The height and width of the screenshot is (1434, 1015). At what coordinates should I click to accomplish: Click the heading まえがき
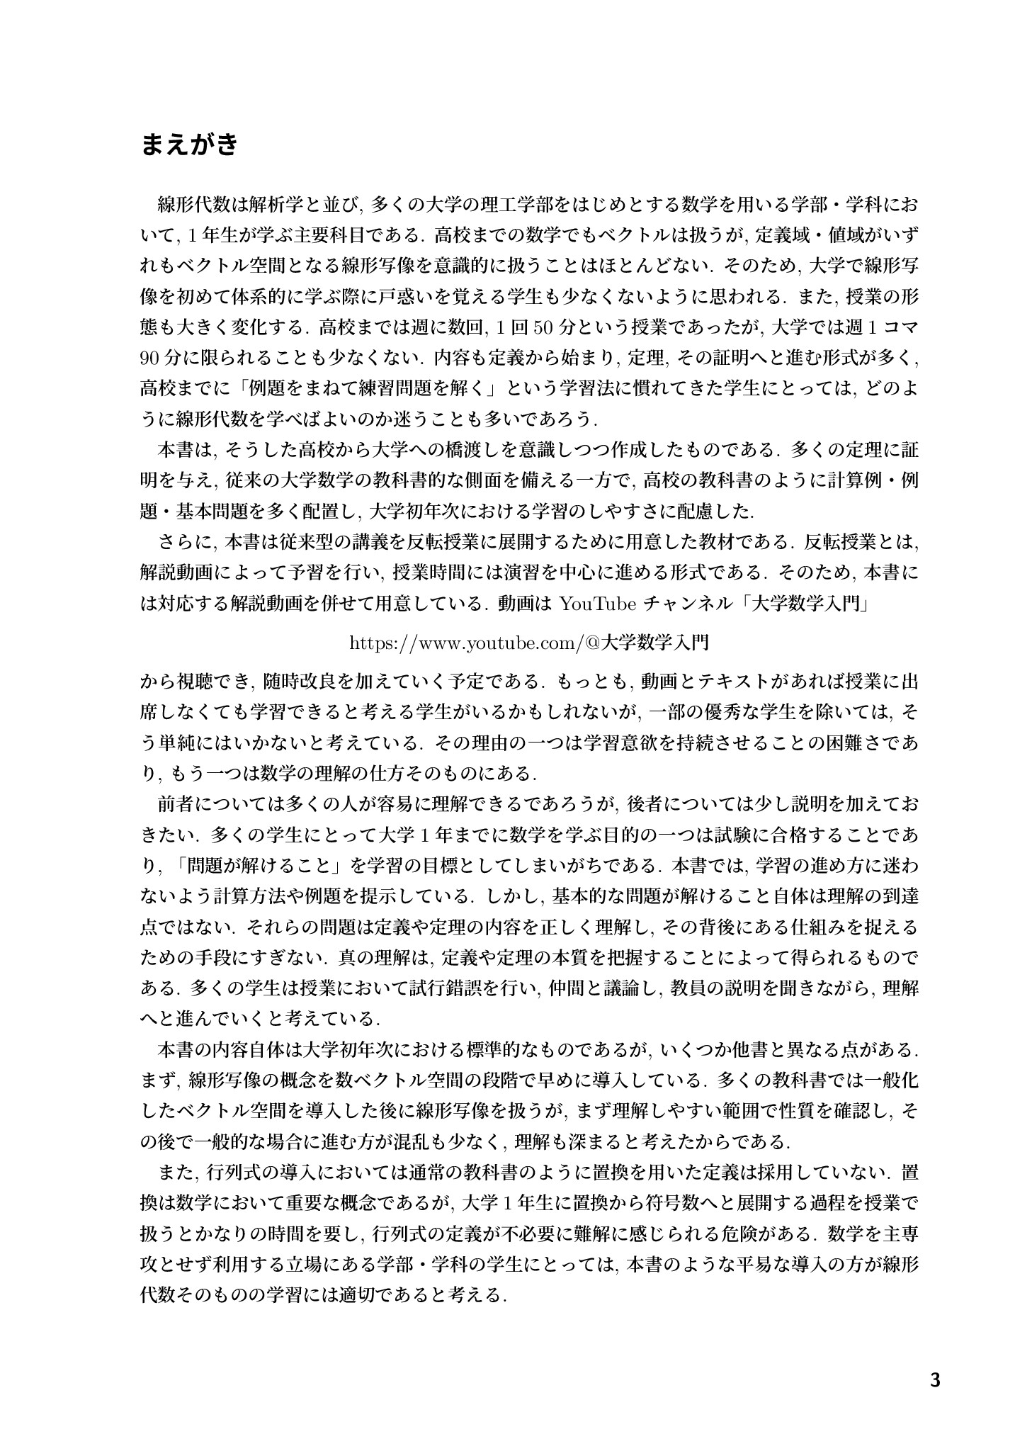(x=189, y=145)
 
